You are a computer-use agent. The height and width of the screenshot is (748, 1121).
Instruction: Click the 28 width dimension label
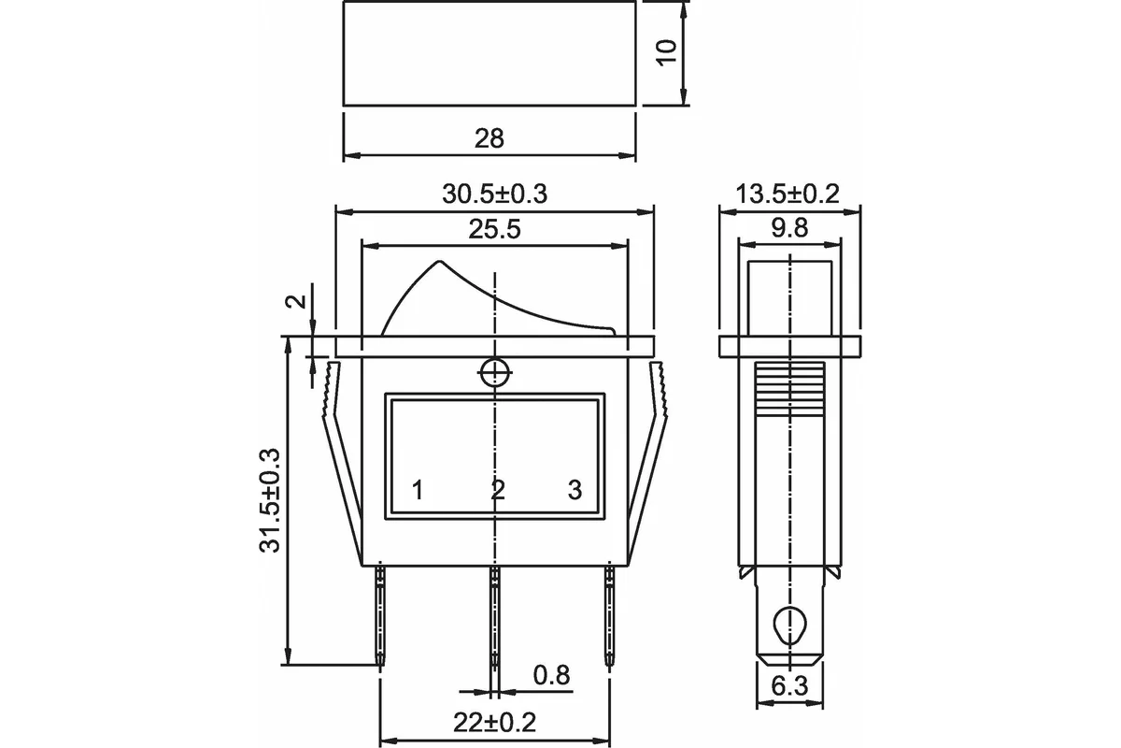point(489,138)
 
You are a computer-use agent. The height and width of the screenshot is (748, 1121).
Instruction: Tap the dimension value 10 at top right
point(667,52)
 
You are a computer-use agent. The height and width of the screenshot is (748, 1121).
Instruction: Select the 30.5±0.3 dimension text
point(494,194)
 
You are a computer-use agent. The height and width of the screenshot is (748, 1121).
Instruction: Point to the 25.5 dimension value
point(494,229)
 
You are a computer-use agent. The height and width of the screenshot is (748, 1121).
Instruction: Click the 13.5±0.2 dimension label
point(788,194)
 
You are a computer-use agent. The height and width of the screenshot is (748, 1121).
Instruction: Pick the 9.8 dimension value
point(789,228)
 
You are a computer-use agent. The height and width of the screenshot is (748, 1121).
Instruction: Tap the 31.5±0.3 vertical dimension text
point(270,501)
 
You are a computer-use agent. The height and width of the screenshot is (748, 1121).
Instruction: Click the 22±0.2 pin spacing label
point(494,723)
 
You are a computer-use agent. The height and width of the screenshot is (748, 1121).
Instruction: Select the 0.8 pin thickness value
point(551,675)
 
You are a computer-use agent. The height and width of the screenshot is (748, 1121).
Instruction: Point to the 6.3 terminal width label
point(789,686)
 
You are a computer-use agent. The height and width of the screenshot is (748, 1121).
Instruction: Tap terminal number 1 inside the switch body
point(418,490)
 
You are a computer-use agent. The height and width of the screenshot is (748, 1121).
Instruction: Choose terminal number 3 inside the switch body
point(575,490)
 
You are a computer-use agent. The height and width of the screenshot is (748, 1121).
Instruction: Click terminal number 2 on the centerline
point(497,490)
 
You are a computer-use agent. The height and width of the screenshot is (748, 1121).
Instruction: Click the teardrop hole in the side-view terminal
point(789,626)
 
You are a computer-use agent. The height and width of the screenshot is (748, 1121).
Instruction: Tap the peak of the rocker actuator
point(440,261)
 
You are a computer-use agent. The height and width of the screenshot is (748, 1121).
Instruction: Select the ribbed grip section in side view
point(789,389)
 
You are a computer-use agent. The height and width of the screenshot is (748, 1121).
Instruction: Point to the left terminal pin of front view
point(381,617)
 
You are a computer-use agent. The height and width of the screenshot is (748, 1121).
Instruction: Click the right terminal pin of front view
point(609,617)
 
